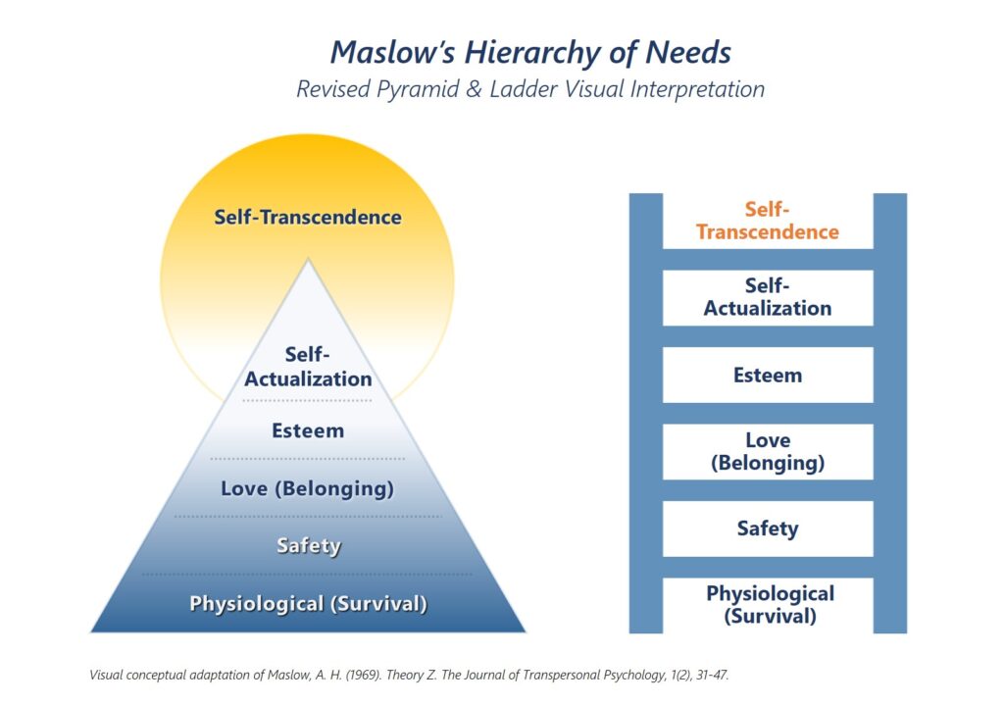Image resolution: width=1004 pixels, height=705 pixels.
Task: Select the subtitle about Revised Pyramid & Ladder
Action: (x=530, y=88)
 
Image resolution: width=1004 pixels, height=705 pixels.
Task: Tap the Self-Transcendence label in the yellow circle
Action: (x=308, y=217)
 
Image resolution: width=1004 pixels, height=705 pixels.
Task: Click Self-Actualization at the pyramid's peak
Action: (x=308, y=367)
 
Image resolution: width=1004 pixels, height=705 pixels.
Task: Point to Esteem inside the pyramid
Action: (x=308, y=430)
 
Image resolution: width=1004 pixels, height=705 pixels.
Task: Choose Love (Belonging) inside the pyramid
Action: (x=308, y=488)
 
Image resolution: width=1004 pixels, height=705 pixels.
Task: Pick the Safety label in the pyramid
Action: (x=308, y=545)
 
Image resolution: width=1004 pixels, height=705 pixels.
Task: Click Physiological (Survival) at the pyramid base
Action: (x=308, y=603)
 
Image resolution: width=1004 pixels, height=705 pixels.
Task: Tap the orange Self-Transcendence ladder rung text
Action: (x=768, y=221)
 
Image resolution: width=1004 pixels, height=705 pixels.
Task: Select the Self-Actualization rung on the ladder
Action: (x=768, y=297)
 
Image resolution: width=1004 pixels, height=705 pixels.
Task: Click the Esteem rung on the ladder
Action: (x=768, y=375)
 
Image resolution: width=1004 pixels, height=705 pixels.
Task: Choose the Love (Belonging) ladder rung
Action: (x=768, y=451)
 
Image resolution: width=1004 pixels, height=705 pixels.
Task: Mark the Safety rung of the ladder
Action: (x=768, y=529)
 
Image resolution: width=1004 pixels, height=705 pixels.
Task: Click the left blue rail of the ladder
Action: (x=645, y=412)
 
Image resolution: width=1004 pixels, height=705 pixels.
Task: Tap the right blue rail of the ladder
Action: (x=890, y=412)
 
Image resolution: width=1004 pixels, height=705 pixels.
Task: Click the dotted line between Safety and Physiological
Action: (x=308, y=574)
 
